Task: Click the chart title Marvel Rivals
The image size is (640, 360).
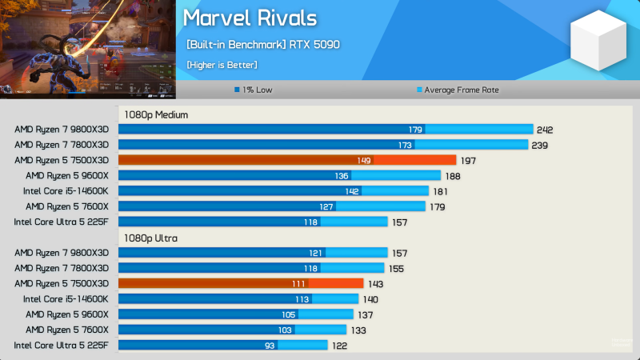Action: click(250, 18)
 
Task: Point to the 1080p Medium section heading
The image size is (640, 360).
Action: click(155, 114)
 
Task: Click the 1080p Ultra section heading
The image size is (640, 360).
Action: click(150, 238)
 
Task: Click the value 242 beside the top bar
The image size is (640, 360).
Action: click(546, 130)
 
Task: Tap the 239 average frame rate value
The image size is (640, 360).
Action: click(540, 145)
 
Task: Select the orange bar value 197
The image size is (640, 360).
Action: click(468, 161)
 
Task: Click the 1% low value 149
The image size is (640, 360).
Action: click(363, 161)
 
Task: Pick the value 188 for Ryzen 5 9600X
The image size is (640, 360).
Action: click(453, 176)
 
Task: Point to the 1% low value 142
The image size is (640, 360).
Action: click(353, 191)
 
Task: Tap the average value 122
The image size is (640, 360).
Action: click(340, 346)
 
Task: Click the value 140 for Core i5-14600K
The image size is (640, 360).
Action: click(370, 299)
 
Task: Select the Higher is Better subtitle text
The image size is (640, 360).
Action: click(222, 64)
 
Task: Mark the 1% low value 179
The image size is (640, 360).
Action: click(415, 130)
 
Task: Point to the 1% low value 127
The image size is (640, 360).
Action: click(326, 206)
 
